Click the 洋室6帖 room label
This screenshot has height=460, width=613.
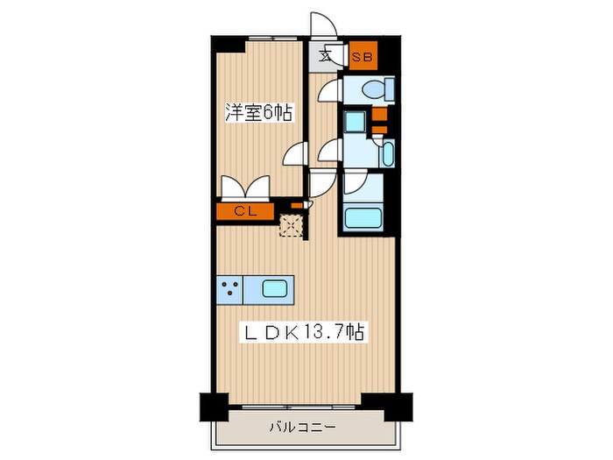click(x=258, y=113)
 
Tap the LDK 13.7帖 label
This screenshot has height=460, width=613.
click(x=304, y=333)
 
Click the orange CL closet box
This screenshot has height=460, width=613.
click(x=246, y=210)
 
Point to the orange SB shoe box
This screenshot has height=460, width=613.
click(x=362, y=57)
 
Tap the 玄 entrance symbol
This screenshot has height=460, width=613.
click(x=326, y=57)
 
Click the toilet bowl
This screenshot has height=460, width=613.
click(x=373, y=89)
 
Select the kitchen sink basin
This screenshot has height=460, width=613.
click(x=274, y=287)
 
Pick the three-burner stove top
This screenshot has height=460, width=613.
click(x=229, y=287)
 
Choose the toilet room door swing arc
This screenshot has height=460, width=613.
click(x=328, y=91)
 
